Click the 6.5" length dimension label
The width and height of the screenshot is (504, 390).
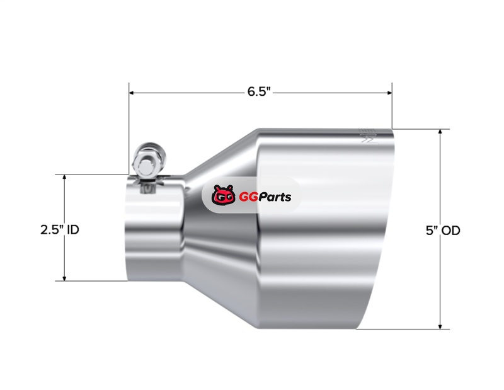click(x=259, y=91)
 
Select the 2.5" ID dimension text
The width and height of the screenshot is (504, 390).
click(x=60, y=230)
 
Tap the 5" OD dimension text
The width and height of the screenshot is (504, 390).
click(x=443, y=231)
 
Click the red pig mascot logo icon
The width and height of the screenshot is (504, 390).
click(x=223, y=195)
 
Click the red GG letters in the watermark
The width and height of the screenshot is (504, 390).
click(x=248, y=197)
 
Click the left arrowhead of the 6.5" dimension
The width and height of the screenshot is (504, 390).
click(x=132, y=93)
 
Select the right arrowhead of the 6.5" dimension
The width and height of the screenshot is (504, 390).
click(x=389, y=93)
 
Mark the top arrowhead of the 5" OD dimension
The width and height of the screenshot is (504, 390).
click(x=440, y=132)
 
